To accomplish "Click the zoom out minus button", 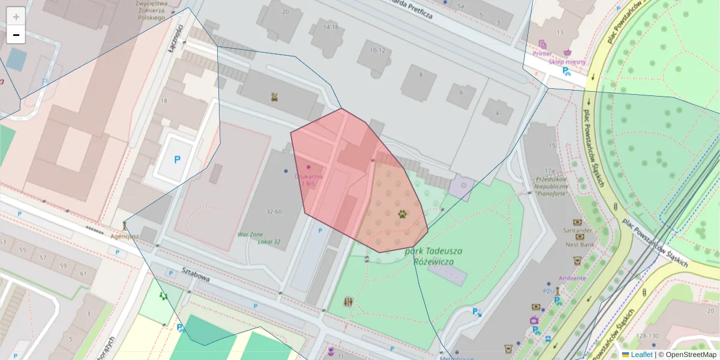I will point(16,35).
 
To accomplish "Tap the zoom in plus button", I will point(16,16).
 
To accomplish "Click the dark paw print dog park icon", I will point(402,213).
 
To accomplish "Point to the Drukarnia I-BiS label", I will point(309,179).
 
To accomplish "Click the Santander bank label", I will point(577,230).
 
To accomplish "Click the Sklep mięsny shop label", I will point(568,61).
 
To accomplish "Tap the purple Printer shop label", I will point(542,53).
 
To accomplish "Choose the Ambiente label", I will point(572,278).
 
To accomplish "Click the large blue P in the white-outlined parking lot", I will point(176,160).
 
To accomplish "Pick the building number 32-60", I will point(274,211).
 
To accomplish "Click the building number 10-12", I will point(377,50).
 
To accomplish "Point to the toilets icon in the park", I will point(349,301).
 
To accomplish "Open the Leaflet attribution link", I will point(641,355).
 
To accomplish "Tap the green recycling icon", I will point(163,296).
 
